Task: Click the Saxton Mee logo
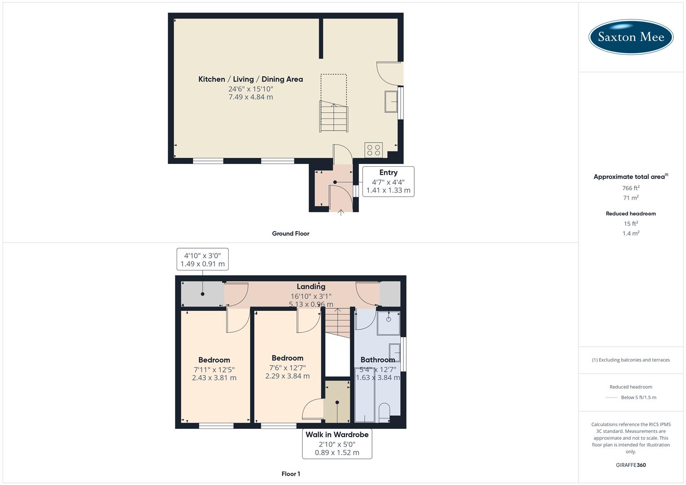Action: tap(631, 37)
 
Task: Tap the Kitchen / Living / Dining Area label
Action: tap(251, 79)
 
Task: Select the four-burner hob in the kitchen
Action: tap(374, 150)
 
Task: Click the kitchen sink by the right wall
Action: tap(391, 101)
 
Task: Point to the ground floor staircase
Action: tap(334, 117)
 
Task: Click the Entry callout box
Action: tap(388, 181)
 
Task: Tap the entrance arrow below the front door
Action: tap(341, 212)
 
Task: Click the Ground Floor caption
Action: tap(291, 234)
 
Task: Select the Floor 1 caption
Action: tap(291, 474)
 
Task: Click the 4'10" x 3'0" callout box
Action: tap(202, 259)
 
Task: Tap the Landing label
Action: tap(311, 287)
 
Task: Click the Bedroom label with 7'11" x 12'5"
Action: tap(214, 360)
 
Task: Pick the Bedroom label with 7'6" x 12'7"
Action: tap(288, 358)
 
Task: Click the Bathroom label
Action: tap(378, 360)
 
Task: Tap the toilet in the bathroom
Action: tap(385, 412)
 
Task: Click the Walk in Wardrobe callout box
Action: tap(337, 444)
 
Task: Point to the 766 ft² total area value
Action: tap(631, 188)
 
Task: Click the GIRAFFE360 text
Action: tap(631, 465)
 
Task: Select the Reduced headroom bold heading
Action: tap(631, 214)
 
